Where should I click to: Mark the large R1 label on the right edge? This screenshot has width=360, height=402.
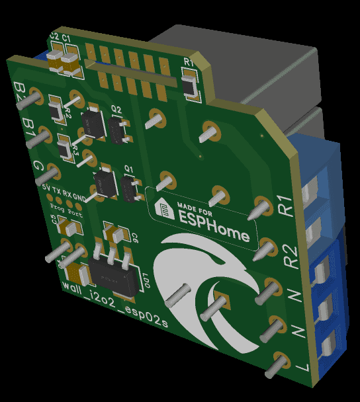click(287, 207)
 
